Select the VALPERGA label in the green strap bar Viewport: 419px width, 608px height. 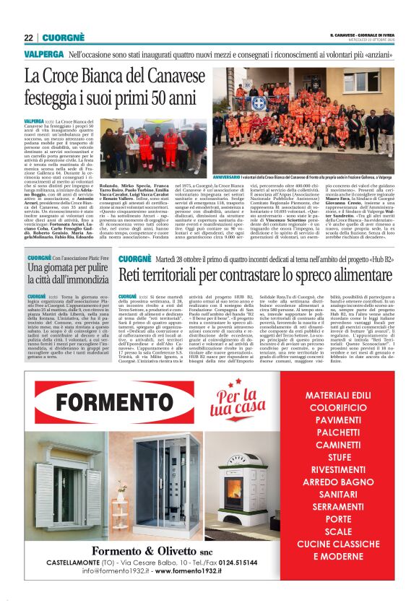coord(43,54)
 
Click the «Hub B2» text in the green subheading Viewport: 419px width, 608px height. coord(380,259)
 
